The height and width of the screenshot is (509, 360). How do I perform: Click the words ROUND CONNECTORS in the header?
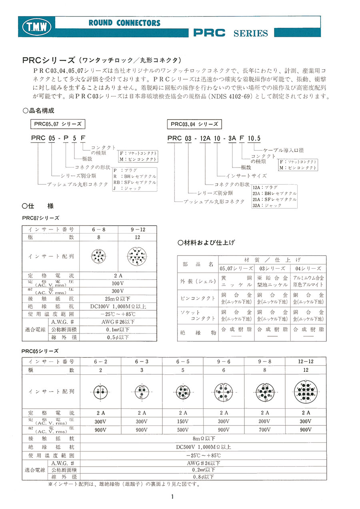point(124,23)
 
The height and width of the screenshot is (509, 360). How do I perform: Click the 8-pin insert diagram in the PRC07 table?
point(98,256)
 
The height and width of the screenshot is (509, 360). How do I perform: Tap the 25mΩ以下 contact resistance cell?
point(118,299)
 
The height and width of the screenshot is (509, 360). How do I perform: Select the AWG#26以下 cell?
point(118,321)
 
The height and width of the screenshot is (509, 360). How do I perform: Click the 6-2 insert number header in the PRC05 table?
point(100,361)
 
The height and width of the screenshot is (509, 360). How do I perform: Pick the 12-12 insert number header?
point(305,361)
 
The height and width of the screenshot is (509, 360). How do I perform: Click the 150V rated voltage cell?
point(182,421)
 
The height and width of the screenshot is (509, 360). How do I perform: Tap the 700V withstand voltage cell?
point(264,430)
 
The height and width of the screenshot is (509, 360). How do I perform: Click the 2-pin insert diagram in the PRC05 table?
point(100,391)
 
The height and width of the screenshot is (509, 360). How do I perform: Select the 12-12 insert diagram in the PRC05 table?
point(305,391)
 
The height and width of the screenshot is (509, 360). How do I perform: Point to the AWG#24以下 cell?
point(203,463)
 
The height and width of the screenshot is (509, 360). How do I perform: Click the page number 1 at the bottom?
point(172,497)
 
